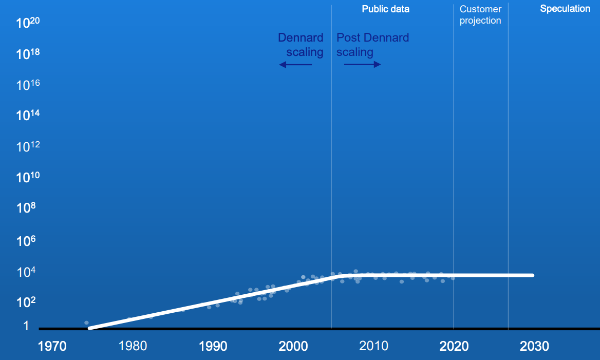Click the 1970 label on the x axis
tap(52, 346)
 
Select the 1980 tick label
tap(133, 346)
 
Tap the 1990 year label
tap(213, 346)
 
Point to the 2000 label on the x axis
tap(293, 346)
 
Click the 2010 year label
tap(373, 346)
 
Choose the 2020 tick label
tap(454, 346)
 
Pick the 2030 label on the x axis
tap(534, 346)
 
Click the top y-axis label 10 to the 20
tap(28, 23)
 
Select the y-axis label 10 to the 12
tap(28, 147)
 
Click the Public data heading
tap(385, 9)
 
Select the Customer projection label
tap(480, 15)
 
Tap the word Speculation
tap(565, 9)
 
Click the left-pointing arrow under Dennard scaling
tap(295, 65)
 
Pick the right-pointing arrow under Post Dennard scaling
tap(362, 65)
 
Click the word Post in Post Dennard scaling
tap(348, 37)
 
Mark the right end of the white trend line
tap(533, 275)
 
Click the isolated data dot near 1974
tap(86, 323)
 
